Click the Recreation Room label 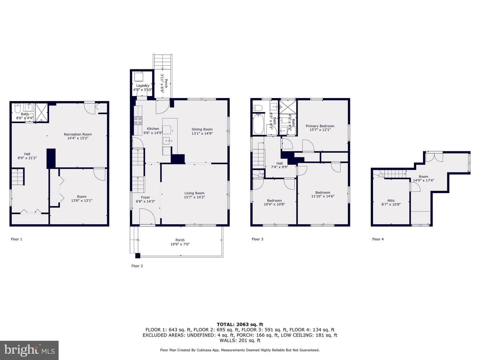pos(78,134)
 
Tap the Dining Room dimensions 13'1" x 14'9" pos(202,133)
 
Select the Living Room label pos(194,193)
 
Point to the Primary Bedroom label pos(320,126)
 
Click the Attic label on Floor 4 pos(391,200)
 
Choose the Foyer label pos(145,197)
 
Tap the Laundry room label pos(143,85)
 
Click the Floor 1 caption pos(16,239)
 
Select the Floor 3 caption pos(257,239)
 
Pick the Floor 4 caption pos(378,239)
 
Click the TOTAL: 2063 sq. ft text pos(240,324)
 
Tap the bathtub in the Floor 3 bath pos(258,124)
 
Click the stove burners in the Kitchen pos(138,120)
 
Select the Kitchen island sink pos(167,141)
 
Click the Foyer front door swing pos(147,216)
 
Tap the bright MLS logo pos(29,350)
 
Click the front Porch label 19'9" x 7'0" pos(180,242)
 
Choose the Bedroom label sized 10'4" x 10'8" pos(274,202)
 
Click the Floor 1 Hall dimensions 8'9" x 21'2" pos(27,158)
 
